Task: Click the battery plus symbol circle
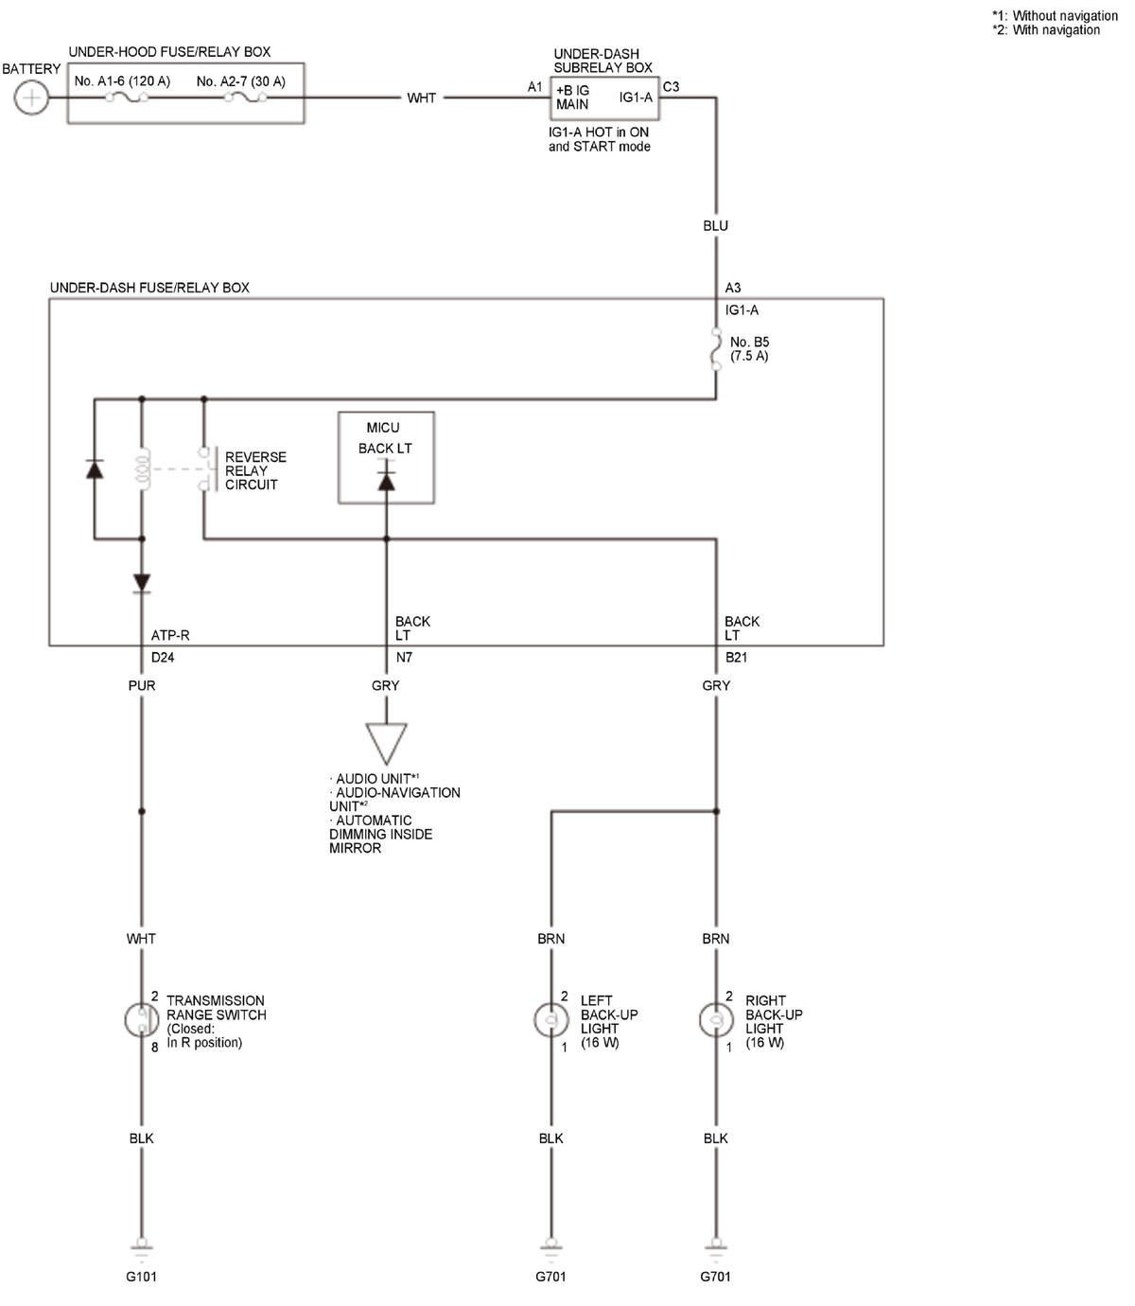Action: (x=30, y=97)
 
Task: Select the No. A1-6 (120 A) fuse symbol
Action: (x=127, y=97)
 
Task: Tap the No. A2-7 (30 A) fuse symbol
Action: (x=246, y=97)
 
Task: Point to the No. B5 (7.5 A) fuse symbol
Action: (x=716, y=348)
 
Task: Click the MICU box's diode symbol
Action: (x=386, y=480)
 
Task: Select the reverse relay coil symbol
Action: (x=142, y=469)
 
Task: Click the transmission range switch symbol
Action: (x=142, y=1019)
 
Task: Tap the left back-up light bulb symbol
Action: (x=550, y=1019)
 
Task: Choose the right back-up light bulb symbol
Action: (x=716, y=1019)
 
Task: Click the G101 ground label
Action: (x=141, y=1276)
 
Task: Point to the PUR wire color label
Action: (x=142, y=685)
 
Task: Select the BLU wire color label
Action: (x=715, y=225)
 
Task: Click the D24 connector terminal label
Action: (x=163, y=657)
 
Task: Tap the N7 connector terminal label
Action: (x=404, y=657)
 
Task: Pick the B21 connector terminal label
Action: (x=736, y=657)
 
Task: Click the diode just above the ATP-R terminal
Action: (x=142, y=583)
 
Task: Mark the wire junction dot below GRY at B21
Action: (x=716, y=811)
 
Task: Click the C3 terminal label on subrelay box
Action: (x=672, y=86)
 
